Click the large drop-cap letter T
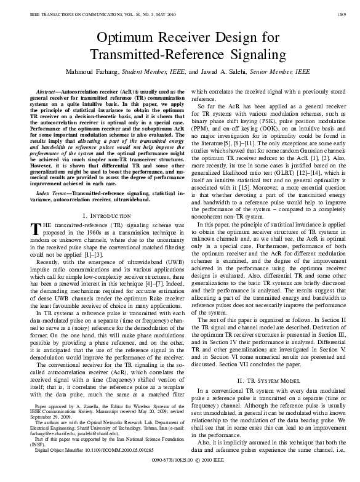click(x=36, y=231)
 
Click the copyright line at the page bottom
click(x=180, y=476)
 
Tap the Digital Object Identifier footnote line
click(x=86, y=466)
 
